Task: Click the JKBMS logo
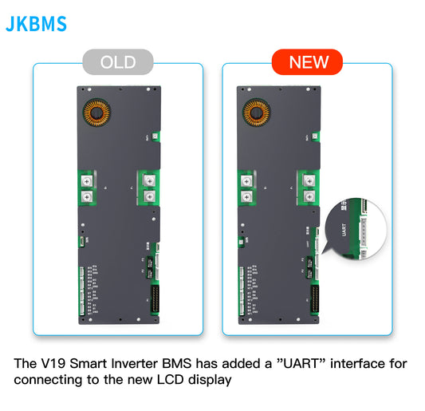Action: tap(36, 23)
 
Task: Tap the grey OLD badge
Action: tap(117, 61)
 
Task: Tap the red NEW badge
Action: tap(307, 61)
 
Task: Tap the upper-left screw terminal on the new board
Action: tap(246, 181)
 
